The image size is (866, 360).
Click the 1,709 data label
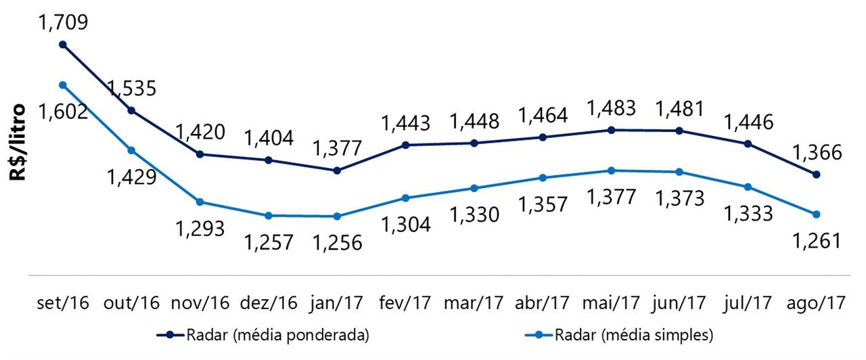point(64,23)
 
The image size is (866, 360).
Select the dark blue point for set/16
point(63,45)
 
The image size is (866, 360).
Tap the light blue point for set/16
point(63,85)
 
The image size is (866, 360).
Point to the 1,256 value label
point(337,242)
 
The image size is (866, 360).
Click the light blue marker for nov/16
point(200,202)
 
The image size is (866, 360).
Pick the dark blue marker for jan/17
point(337,171)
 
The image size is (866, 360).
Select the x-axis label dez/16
point(269,302)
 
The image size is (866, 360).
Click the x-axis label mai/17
point(612,302)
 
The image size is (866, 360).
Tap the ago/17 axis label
point(817,302)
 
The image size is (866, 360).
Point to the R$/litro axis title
point(18,142)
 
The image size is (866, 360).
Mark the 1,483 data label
point(612,108)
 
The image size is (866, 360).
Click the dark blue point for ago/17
point(817,175)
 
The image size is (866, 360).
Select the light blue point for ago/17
point(817,215)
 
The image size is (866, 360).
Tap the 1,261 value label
point(817,241)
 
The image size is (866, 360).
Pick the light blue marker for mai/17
point(612,171)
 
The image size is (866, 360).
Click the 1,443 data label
point(405,123)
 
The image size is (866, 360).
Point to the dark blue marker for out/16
point(131,110)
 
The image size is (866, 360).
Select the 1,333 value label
point(748,214)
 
